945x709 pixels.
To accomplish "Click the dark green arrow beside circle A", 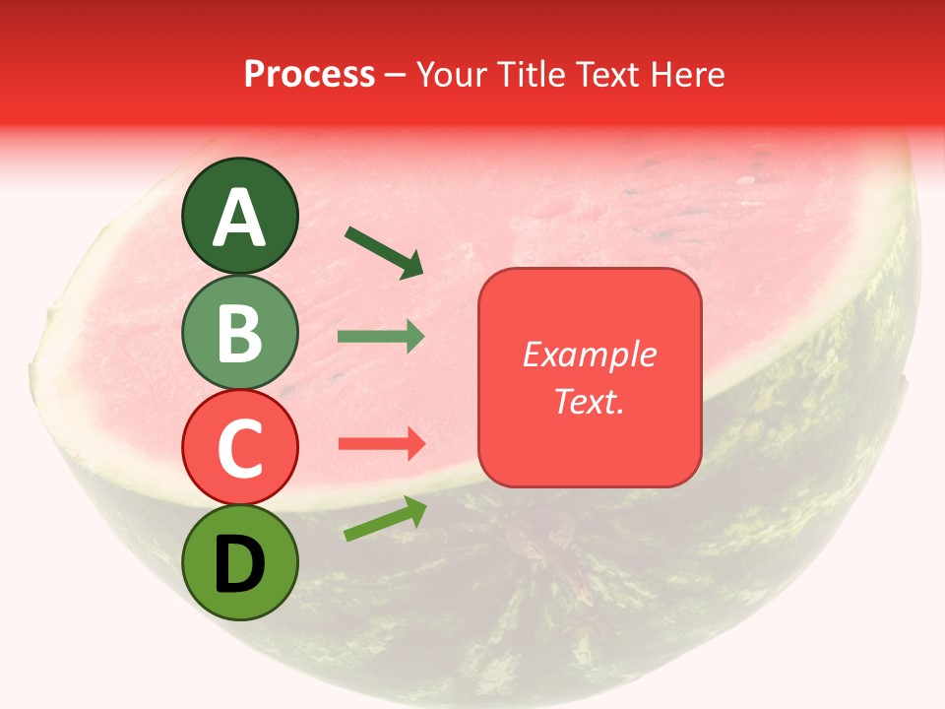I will coord(384,252).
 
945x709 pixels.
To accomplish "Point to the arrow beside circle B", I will coord(380,337).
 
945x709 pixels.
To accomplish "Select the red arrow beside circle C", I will coord(381,444).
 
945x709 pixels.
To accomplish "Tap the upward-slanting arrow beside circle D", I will coord(385,519).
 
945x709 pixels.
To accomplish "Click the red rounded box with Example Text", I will coord(590,378).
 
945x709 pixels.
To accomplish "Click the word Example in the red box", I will coord(590,354).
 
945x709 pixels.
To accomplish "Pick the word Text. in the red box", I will coord(590,402).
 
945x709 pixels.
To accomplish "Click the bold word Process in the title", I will coord(309,74).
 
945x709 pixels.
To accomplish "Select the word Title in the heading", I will coord(531,74).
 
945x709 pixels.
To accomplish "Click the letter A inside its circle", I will coord(239,219).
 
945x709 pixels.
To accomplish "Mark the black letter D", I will coord(239,565).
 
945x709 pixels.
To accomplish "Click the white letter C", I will coord(239,448).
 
